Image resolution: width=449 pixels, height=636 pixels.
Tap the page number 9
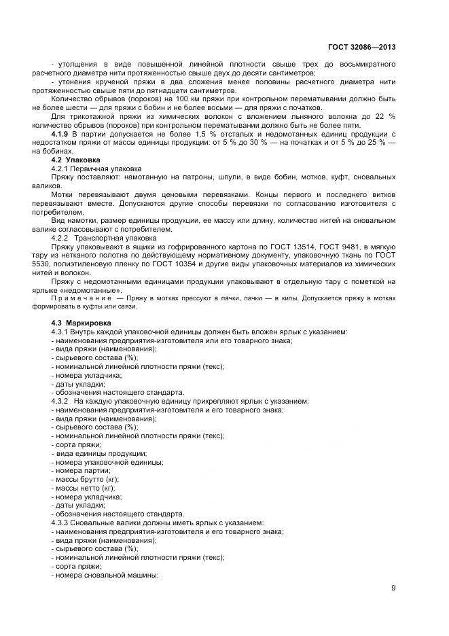[393, 588]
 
